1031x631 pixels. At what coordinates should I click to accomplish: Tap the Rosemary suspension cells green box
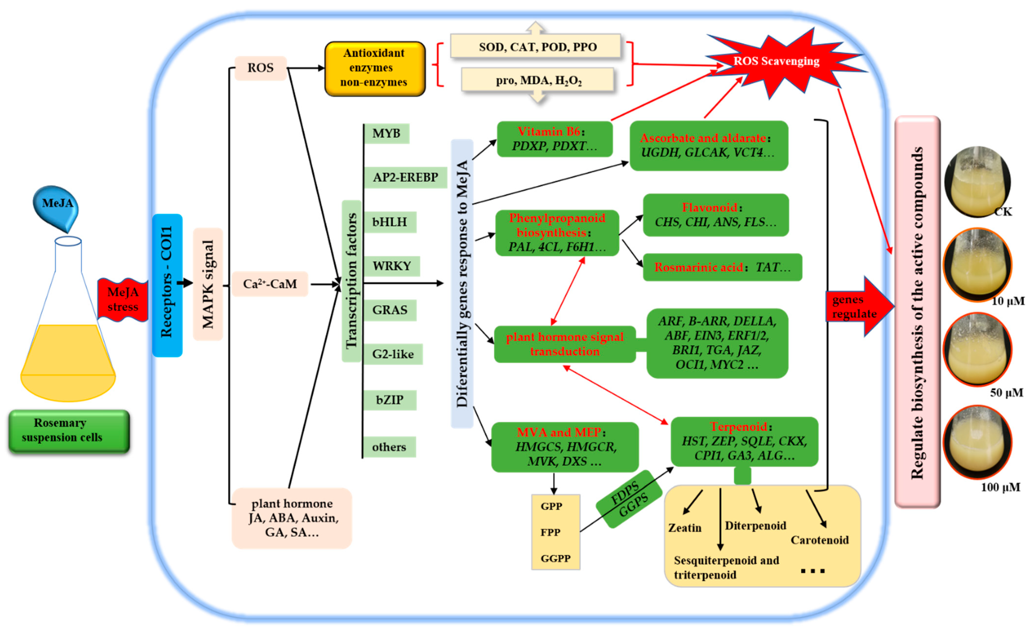[69, 431]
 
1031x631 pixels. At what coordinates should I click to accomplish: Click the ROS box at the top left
[260, 68]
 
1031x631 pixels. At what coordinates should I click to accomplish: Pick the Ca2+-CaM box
[270, 284]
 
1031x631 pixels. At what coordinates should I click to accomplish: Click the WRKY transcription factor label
[392, 266]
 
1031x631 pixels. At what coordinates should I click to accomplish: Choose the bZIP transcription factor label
[390, 400]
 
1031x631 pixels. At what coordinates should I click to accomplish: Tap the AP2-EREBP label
[405, 177]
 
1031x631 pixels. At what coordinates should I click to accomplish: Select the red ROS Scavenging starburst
[776, 62]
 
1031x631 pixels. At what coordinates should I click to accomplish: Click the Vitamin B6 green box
[554, 139]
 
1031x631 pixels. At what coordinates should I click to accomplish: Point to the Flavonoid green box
[715, 215]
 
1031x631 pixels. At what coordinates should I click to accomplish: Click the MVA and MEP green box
[565, 447]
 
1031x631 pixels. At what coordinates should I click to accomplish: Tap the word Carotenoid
[819, 540]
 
